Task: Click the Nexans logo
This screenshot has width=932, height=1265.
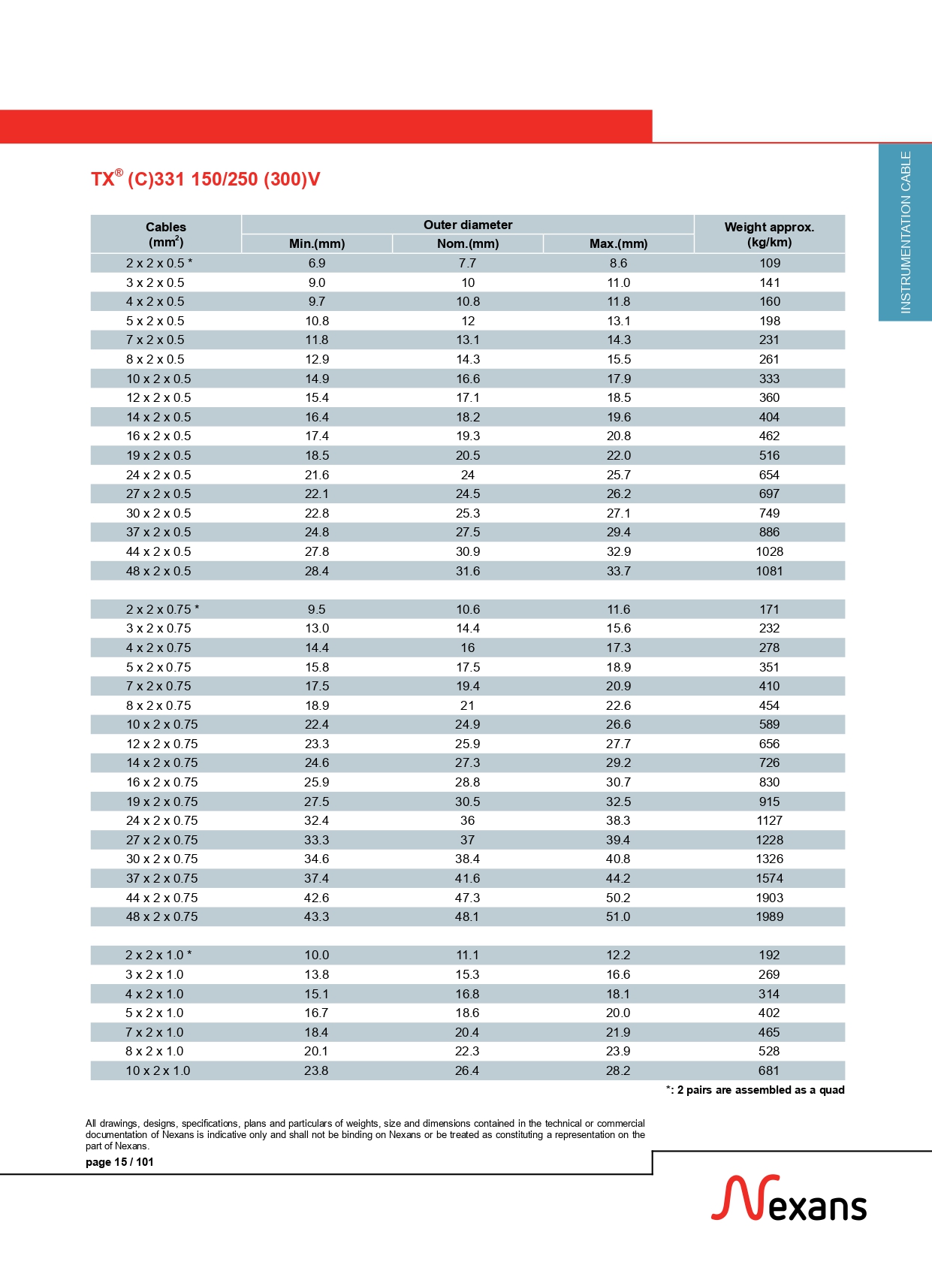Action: [x=789, y=1199]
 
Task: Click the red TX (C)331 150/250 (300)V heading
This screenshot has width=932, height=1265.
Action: [x=205, y=180]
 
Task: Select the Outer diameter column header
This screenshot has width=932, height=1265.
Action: [x=467, y=225]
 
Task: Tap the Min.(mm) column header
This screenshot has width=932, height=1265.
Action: [x=317, y=243]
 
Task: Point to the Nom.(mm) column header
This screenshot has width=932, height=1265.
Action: [x=467, y=243]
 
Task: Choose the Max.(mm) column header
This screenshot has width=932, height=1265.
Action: [x=618, y=243]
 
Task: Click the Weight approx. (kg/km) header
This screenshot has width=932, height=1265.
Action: [x=769, y=234]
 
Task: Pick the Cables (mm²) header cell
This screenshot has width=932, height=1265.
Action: [x=165, y=234]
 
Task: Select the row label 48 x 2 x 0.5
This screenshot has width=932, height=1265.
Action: [x=158, y=571]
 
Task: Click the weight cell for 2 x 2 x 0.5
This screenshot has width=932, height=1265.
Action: [x=769, y=264]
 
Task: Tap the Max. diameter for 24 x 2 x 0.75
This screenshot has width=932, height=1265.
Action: [x=618, y=820]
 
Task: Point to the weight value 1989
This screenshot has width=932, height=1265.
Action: [x=769, y=916]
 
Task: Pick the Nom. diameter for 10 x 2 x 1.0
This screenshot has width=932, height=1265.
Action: [x=467, y=1070]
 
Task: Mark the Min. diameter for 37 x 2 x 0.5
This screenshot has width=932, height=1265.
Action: [x=317, y=532]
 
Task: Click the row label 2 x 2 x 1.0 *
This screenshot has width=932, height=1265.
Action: [x=158, y=955]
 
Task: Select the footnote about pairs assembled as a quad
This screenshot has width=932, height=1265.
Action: [x=756, y=1090]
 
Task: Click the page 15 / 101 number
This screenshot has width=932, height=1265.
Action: [x=119, y=1162]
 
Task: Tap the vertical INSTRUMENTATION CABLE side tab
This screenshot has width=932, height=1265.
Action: [x=906, y=232]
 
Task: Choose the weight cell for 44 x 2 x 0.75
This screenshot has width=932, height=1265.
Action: [x=769, y=898]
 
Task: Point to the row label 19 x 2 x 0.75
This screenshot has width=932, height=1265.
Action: [x=161, y=802]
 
